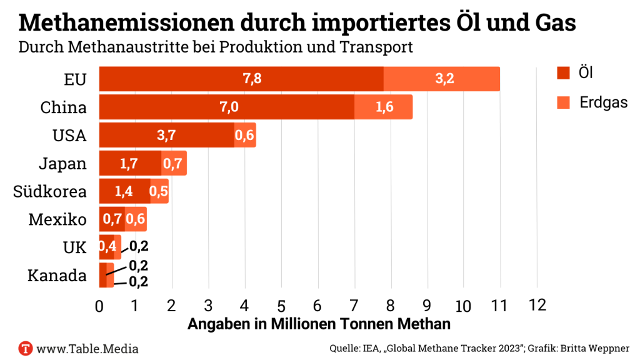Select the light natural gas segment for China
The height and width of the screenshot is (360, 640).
pyautogui.click(x=384, y=107)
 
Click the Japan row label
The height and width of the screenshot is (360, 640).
pyautogui.click(x=62, y=164)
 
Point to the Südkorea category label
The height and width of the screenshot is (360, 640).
pyautogui.click(x=50, y=192)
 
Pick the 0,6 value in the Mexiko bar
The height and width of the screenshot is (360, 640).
pyautogui.click(x=136, y=219)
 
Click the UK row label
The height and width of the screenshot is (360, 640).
pyautogui.click(x=75, y=247)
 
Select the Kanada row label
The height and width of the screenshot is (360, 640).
pyautogui.click(x=57, y=276)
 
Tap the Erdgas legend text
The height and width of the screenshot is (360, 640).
pyautogui.click(x=602, y=102)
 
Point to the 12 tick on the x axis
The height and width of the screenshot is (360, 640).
pyautogui.click(x=537, y=305)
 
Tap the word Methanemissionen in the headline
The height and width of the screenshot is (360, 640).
pyautogui.click(x=120, y=24)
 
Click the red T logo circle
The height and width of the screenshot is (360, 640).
pyautogui.click(x=26, y=348)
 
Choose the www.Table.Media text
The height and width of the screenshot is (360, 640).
pyautogui.click(x=87, y=348)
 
